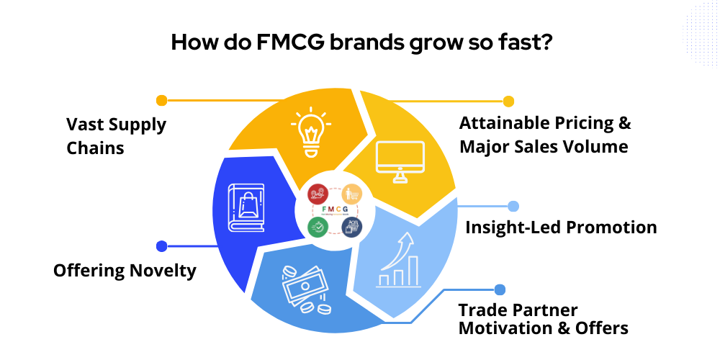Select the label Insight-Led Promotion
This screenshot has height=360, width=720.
click(561, 228)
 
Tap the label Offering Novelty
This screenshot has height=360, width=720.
click(125, 271)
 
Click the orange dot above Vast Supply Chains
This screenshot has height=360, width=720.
click(161, 100)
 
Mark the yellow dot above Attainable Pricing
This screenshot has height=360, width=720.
click(508, 101)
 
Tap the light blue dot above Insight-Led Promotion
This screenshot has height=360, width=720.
click(513, 206)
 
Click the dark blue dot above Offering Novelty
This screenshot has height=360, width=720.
click(161, 246)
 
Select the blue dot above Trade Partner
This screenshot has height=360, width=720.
click(500, 289)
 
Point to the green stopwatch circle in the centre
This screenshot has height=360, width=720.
click(318, 226)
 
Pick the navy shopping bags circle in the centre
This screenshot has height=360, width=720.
click(351, 226)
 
